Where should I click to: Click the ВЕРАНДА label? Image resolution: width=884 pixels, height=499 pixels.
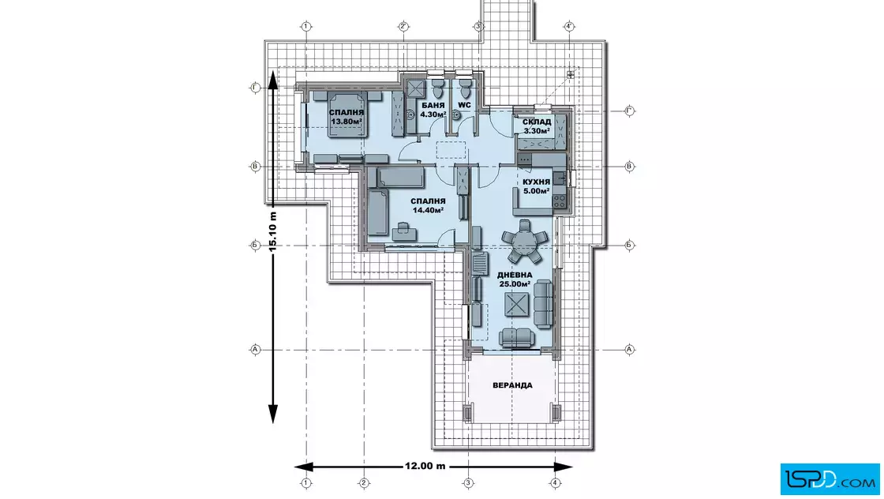point(512,385)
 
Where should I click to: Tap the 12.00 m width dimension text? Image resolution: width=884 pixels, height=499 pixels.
point(425,467)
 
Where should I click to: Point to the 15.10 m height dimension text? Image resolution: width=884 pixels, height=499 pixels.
point(273,231)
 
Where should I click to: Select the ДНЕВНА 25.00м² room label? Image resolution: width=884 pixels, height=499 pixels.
point(514,280)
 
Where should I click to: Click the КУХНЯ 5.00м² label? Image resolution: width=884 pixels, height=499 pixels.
point(536,186)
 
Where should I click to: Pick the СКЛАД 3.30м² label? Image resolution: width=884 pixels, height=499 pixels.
point(537,126)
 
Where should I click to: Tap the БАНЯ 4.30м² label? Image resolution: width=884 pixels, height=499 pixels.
point(433,110)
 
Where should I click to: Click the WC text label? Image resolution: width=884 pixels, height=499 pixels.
point(465,106)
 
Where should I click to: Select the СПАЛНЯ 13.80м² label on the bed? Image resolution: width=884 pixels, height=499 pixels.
point(346,117)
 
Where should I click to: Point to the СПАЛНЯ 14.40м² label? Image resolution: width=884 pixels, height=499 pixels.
point(428,206)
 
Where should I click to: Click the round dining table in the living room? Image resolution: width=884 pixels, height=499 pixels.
point(526,242)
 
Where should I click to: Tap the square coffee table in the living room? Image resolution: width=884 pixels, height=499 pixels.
point(517,305)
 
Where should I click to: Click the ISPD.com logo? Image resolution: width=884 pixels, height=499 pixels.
point(830,479)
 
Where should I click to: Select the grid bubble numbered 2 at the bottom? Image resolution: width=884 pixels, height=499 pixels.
point(364,483)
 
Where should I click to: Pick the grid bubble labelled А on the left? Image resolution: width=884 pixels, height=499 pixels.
point(255,350)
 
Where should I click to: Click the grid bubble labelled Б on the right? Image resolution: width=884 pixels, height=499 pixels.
point(630,246)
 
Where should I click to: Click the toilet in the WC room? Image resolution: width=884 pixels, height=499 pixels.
point(465,88)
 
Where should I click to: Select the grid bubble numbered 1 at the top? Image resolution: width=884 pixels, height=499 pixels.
point(306,27)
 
